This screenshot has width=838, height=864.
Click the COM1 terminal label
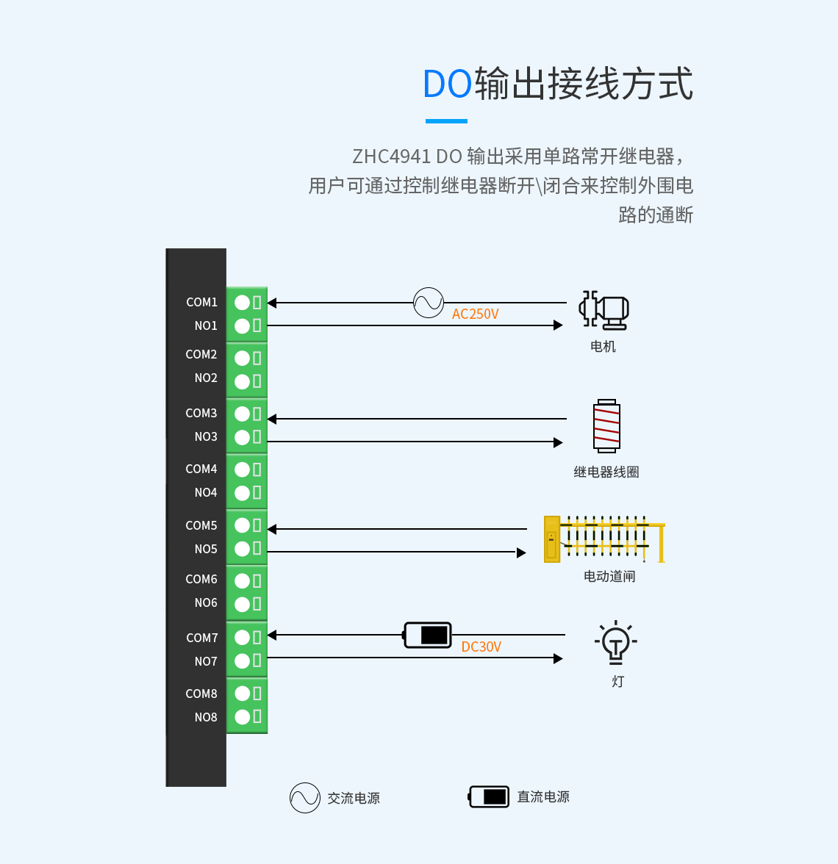click(x=201, y=302)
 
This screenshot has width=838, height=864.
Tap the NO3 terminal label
click(x=206, y=436)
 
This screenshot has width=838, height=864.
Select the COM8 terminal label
click(x=201, y=694)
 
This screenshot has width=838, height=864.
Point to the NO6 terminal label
click(x=206, y=602)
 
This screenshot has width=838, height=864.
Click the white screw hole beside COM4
click(x=242, y=470)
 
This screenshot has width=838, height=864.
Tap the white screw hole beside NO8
click(x=242, y=717)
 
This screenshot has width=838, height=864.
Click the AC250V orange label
click(x=475, y=314)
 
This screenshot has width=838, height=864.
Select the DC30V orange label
click(x=481, y=647)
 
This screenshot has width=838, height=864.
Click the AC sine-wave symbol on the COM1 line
click(x=428, y=302)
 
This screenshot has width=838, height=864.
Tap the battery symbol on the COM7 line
click(x=428, y=635)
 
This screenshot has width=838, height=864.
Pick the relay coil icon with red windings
click(x=606, y=426)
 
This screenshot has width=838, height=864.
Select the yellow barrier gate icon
click(x=604, y=539)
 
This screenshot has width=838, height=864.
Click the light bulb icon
click(x=616, y=643)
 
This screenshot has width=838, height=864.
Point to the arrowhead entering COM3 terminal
click(x=272, y=419)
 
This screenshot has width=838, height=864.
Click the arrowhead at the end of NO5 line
click(x=521, y=552)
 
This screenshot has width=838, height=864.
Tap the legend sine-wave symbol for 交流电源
click(x=304, y=798)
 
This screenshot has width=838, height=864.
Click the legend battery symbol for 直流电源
click(x=490, y=796)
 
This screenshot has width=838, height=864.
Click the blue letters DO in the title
click(x=447, y=84)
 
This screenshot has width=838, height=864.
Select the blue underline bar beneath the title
click(x=446, y=121)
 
